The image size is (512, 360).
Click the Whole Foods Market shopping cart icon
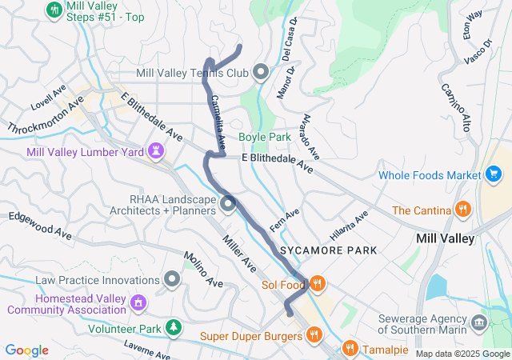coord(494,174)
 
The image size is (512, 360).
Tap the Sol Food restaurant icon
coord(318,284)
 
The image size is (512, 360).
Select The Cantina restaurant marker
coord(462,210)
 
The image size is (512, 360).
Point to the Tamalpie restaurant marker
coord(350,348)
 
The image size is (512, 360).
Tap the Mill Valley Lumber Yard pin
coord(155,150)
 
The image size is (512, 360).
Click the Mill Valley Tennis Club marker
coord(260,73)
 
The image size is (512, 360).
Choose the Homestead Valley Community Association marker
coord(139,302)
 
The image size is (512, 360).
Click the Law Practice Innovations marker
coord(171,280)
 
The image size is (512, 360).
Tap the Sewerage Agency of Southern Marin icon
coord(478,322)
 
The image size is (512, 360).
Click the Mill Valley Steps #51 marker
coord(54,10)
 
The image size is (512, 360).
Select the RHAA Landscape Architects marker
coord(228,205)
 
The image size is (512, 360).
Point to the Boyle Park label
coord(264,137)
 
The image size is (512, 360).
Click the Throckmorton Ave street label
coord(46,117)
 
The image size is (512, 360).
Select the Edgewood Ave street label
coord(39,223)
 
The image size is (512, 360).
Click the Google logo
coord(26,350)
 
